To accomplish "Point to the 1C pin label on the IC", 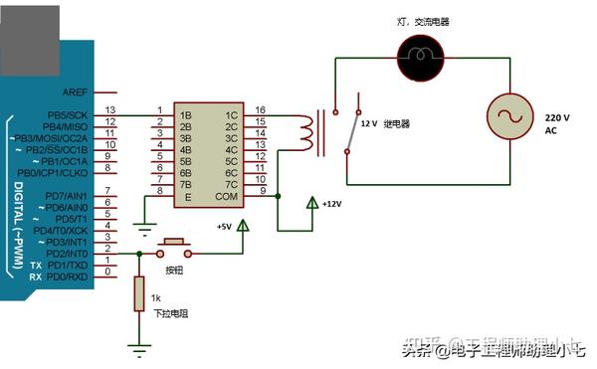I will (x=231, y=114).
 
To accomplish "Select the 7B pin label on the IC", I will (x=185, y=184).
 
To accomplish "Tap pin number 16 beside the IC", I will (x=261, y=110).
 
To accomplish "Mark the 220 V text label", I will (x=557, y=116).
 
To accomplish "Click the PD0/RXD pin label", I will (x=67, y=277).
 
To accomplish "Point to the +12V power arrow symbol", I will (x=311, y=203).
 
